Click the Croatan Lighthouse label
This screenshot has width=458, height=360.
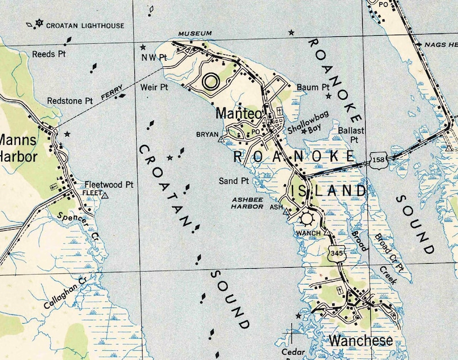85,25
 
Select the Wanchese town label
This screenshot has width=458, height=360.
361,340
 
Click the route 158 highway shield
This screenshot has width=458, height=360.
378,162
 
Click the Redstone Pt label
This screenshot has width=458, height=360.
70,100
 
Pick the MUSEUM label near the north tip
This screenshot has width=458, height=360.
194,33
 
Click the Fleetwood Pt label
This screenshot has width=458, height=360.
108,185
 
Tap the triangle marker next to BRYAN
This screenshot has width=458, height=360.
220,138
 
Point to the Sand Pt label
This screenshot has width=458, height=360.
234,181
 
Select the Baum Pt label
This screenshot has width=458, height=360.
312,87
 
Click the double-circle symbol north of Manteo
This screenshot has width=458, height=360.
211,81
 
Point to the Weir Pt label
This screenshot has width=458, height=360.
154,87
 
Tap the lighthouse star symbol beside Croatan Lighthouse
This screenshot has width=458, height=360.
39,24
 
